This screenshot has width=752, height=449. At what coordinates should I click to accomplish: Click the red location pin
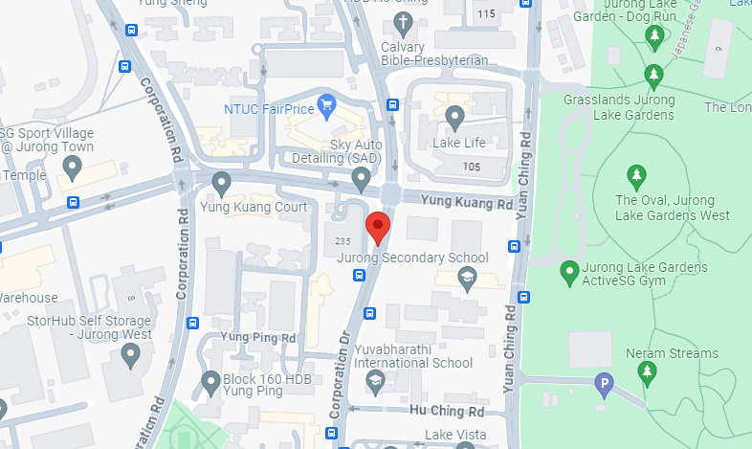380,229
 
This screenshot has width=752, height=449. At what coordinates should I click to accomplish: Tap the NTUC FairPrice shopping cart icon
327,102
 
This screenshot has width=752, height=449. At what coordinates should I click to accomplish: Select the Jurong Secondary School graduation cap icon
467,279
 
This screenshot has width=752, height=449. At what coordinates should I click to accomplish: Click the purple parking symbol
603,385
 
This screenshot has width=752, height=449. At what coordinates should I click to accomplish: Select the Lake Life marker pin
455,118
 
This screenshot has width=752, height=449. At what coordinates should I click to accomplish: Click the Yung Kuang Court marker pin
222,182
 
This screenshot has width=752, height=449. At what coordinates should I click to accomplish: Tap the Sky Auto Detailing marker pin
361,177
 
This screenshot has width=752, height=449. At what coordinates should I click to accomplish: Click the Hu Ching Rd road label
447,411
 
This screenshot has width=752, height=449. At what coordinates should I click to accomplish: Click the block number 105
471,167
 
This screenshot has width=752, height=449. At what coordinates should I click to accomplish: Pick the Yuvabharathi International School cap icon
376,381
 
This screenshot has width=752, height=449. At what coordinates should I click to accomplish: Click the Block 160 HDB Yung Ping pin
212,383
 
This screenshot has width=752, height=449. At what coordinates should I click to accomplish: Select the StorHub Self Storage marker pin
131,355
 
